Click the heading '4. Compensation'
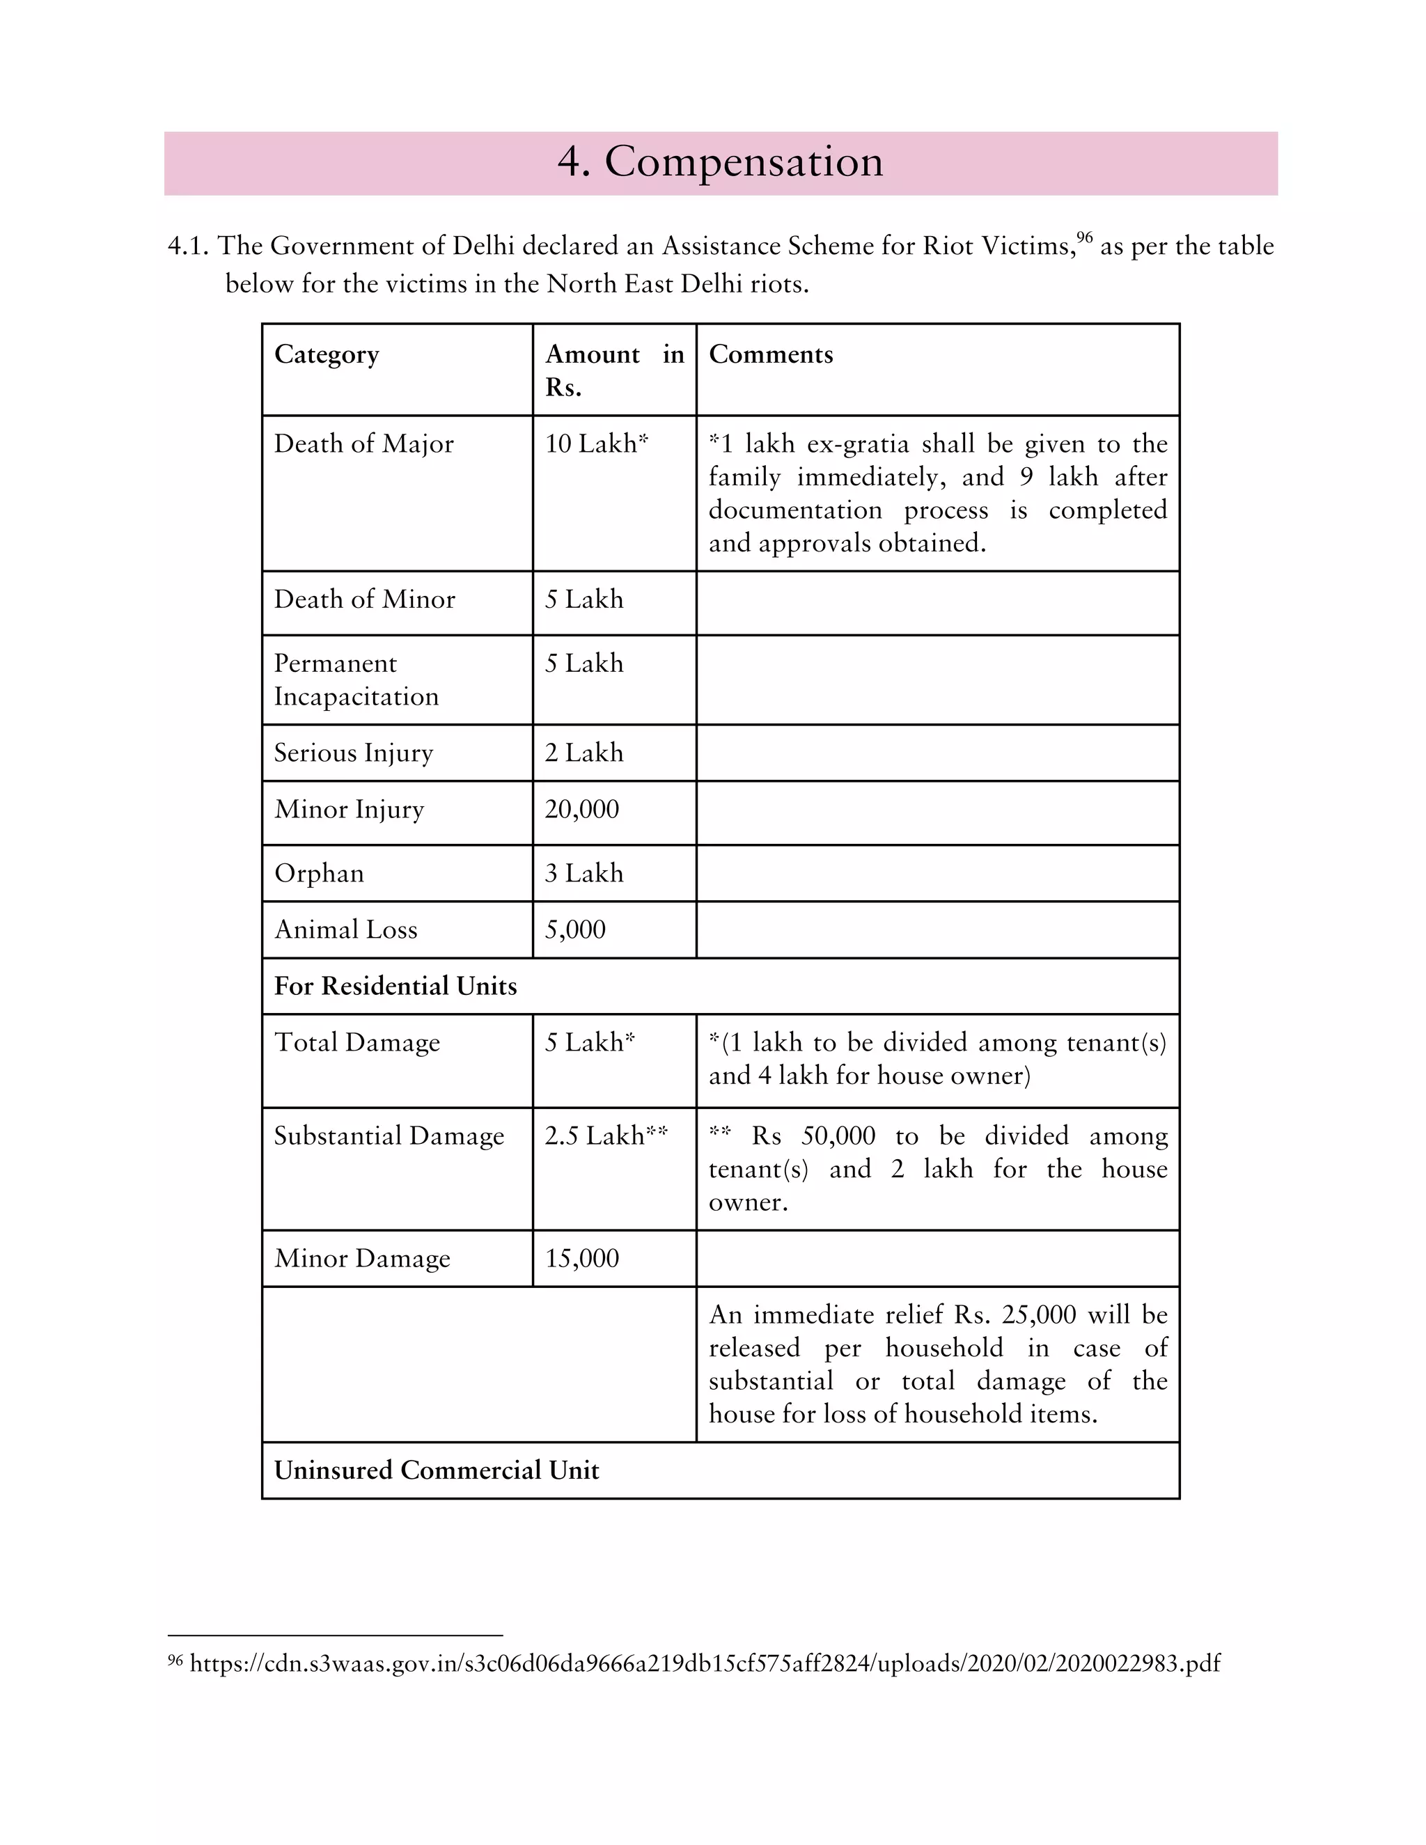coord(720,162)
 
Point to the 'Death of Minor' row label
coord(364,599)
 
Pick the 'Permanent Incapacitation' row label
coord(356,680)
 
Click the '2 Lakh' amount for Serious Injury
coord(583,752)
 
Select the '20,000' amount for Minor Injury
coord(581,808)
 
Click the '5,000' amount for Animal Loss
coord(574,929)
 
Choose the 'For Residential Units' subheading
coord(395,986)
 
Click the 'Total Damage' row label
coord(356,1042)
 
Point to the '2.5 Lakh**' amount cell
coord(606,1136)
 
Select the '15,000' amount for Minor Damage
coord(581,1258)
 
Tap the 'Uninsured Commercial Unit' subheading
coord(436,1470)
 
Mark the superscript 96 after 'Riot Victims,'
coord(1084,238)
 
